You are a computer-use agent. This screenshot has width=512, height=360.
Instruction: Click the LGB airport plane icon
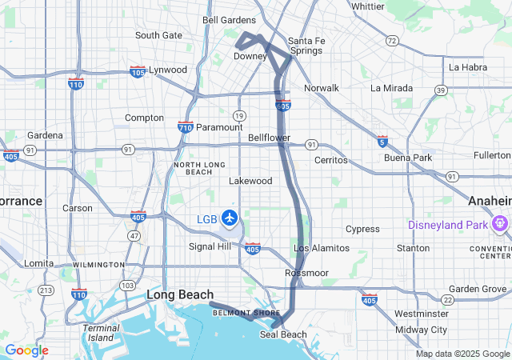(230, 217)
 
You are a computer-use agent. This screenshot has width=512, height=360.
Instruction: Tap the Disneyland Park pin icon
(501, 223)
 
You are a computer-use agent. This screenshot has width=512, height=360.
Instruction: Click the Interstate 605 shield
(286, 105)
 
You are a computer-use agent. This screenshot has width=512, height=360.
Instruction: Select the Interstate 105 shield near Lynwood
(138, 71)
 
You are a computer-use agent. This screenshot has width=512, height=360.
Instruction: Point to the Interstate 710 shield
(185, 126)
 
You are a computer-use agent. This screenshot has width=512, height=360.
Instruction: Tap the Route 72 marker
(391, 40)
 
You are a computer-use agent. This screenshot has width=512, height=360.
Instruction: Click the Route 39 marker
(441, 91)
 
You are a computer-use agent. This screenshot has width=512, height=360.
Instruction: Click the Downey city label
(250, 57)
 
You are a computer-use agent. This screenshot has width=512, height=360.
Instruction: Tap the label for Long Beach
(180, 295)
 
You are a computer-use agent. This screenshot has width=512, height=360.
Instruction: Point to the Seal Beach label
(283, 334)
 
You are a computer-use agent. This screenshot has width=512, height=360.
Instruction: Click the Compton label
(145, 118)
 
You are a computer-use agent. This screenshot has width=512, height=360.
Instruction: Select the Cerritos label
(330, 160)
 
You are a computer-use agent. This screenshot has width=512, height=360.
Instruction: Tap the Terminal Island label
(102, 333)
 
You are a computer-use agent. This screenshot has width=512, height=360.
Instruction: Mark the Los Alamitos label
(322, 249)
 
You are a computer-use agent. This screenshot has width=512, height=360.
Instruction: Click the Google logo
(26, 350)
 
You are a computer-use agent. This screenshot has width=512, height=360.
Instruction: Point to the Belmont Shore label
(240, 313)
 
